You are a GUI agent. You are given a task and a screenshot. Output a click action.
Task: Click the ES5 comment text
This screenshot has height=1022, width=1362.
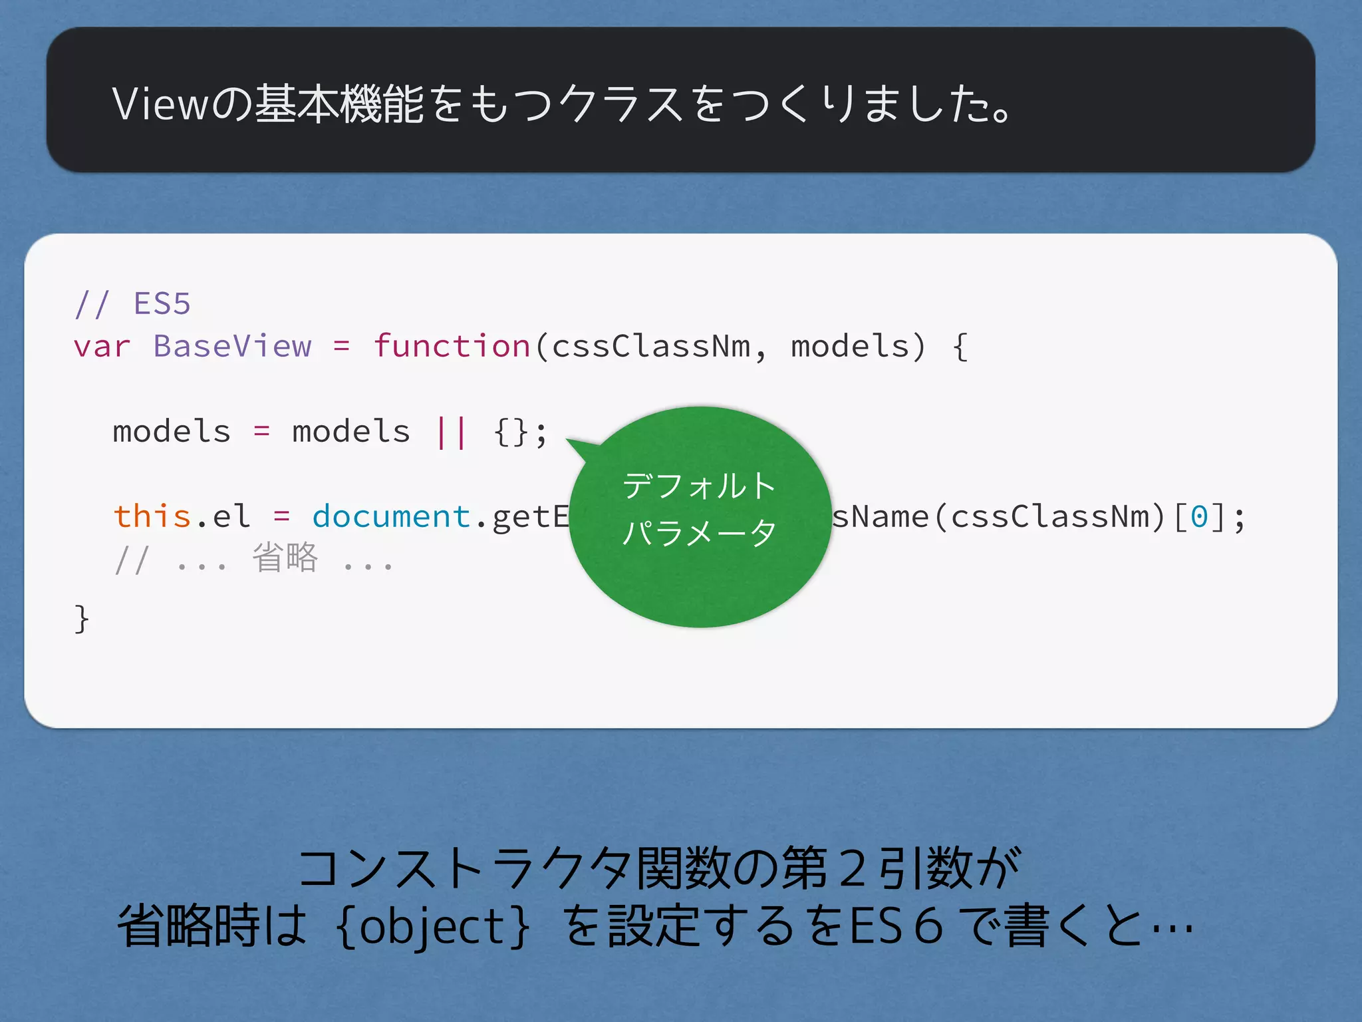(162, 303)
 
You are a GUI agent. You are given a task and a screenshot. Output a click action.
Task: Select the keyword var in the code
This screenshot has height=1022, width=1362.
(101, 347)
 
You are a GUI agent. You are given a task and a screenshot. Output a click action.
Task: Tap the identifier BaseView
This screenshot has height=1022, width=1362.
(232, 347)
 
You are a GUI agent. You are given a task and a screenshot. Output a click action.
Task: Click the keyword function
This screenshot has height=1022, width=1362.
(452, 347)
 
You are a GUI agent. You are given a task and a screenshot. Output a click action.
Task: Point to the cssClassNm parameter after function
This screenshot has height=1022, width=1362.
(650, 347)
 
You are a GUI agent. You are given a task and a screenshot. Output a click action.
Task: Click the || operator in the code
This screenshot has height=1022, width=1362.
(451, 432)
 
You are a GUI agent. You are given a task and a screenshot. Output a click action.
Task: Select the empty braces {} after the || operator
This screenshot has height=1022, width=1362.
(511, 432)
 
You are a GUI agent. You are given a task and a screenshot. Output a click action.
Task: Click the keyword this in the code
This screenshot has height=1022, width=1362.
(152, 516)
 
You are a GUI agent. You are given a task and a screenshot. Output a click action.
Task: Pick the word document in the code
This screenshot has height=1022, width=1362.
(391, 516)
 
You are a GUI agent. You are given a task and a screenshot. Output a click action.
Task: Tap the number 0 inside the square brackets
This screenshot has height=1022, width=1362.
(1199, 516)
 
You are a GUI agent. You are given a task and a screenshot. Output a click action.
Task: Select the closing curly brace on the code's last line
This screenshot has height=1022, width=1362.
(81, 619)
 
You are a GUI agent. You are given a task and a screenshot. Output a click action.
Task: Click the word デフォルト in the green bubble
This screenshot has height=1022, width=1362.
(699, 486)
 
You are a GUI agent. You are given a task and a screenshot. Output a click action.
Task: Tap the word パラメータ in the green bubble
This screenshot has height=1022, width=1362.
(699, 532)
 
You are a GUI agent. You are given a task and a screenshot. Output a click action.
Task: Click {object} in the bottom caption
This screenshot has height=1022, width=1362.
(434, 926)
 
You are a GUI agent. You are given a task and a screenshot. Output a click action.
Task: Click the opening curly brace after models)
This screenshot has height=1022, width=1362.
(960, 347)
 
